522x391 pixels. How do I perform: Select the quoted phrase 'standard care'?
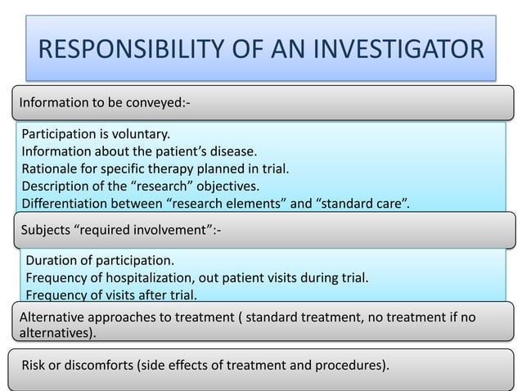358,204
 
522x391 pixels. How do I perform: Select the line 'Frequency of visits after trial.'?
112,295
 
